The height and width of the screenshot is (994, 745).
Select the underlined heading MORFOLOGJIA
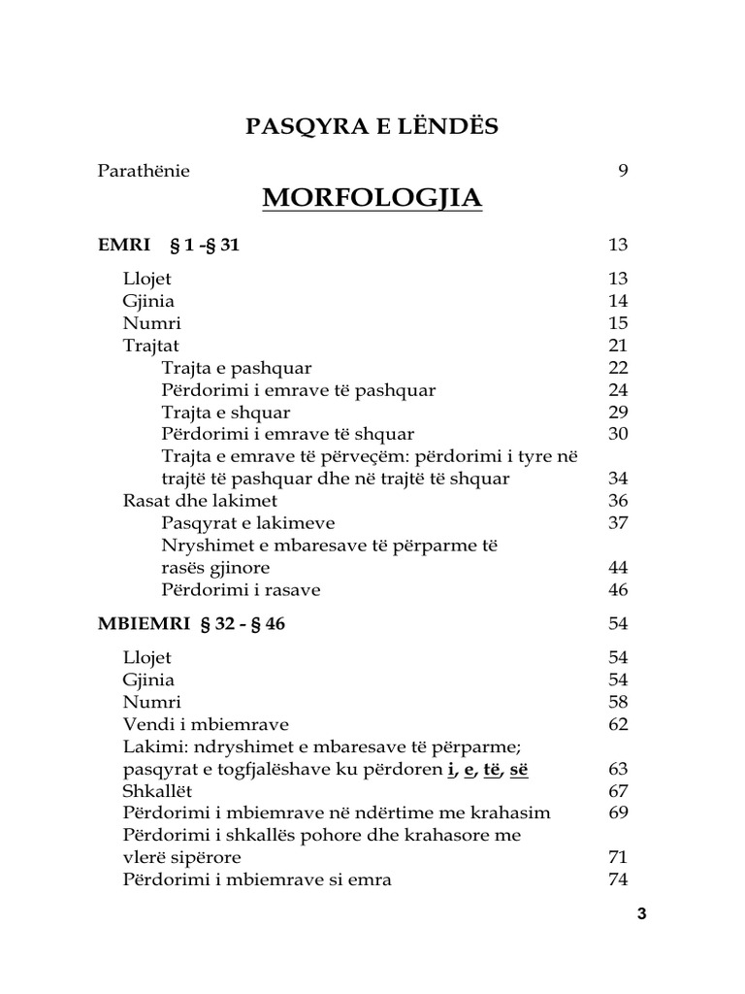tap(372, 198)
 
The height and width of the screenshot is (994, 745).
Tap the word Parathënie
tap(144, 171)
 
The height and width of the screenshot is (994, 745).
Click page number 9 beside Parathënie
tap(623, 171)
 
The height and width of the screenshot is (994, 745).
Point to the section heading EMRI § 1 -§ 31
tap(169, 245)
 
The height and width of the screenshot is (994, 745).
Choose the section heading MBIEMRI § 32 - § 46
tap(191, 624)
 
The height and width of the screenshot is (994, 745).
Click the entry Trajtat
tap(150, 346)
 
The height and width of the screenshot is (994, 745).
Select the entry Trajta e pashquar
tap(237, 368)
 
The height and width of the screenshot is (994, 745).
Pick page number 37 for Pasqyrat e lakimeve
tap(618, 523)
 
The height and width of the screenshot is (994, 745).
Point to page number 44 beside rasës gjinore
tap(618, 568)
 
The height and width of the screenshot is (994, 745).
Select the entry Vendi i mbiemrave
tap(206, 724)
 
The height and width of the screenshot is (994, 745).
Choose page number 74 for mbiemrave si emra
tap(618, 880)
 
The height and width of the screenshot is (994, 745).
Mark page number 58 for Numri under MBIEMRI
tap(618, 702)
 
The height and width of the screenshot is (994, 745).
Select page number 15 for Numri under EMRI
tap(618, 323)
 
